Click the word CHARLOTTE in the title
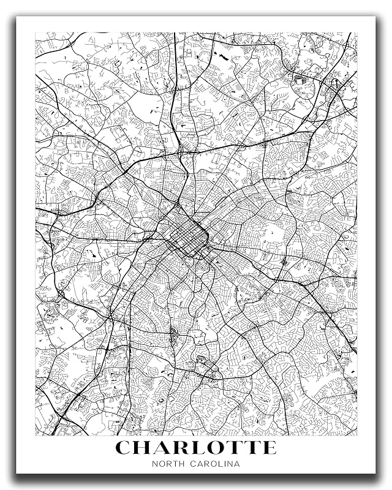pos(196,448)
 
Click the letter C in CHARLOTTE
pos(125,448)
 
